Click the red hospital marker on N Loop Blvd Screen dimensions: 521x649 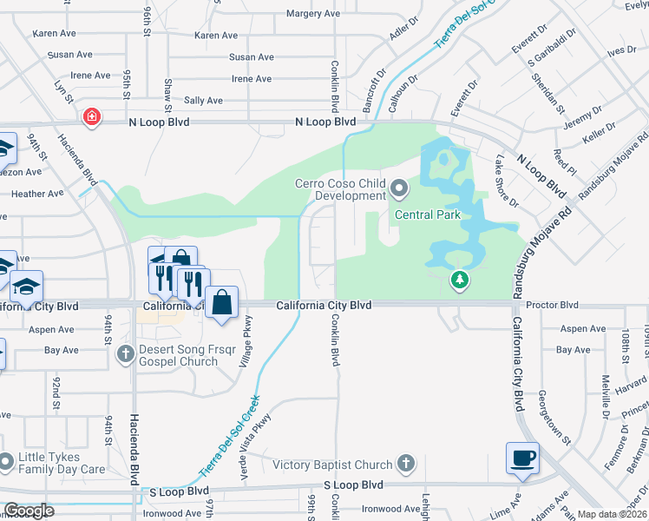[90, 116]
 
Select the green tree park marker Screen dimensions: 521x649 [460, 280]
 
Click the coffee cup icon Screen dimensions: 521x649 [522, 457]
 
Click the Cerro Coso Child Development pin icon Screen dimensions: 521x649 [399, 188]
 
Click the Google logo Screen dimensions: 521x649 [29, 511]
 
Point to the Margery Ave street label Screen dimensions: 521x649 [313, 14]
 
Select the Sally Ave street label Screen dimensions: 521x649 [202, 101]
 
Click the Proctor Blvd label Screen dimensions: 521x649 [557, 306]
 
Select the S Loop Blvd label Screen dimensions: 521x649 [353, 485]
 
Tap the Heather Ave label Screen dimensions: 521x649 [37, 194]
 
